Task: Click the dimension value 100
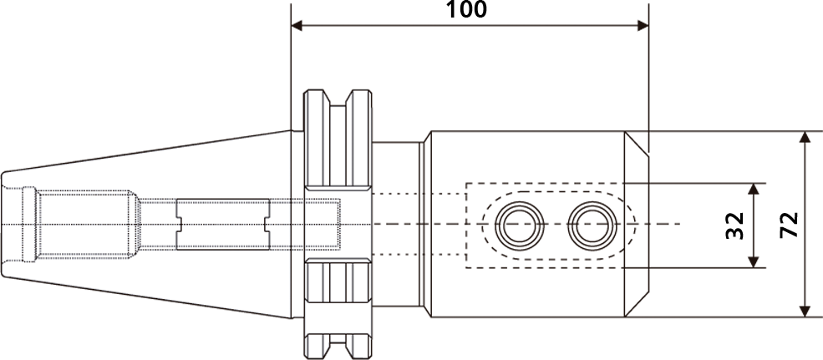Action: click(x=466, y=9)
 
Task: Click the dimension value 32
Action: click(x=735, y=226)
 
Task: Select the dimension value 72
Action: click(x=789, y=225)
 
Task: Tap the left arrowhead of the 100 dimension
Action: click(x=297, y=26)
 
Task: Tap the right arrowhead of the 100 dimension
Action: click(x=643, y=26)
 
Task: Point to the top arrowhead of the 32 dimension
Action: click(x=754, y=189)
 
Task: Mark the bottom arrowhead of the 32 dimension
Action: click(x=754, y=261)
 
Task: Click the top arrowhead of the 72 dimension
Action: click(x=805, y=137)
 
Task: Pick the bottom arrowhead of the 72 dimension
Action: click(x=805, y=312)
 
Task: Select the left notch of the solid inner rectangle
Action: click(x=179, y=225)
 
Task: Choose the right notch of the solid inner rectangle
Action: click(x=267, y=225)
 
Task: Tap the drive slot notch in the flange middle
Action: click(x=338, y=225)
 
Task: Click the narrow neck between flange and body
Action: click(x=396, y=224)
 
